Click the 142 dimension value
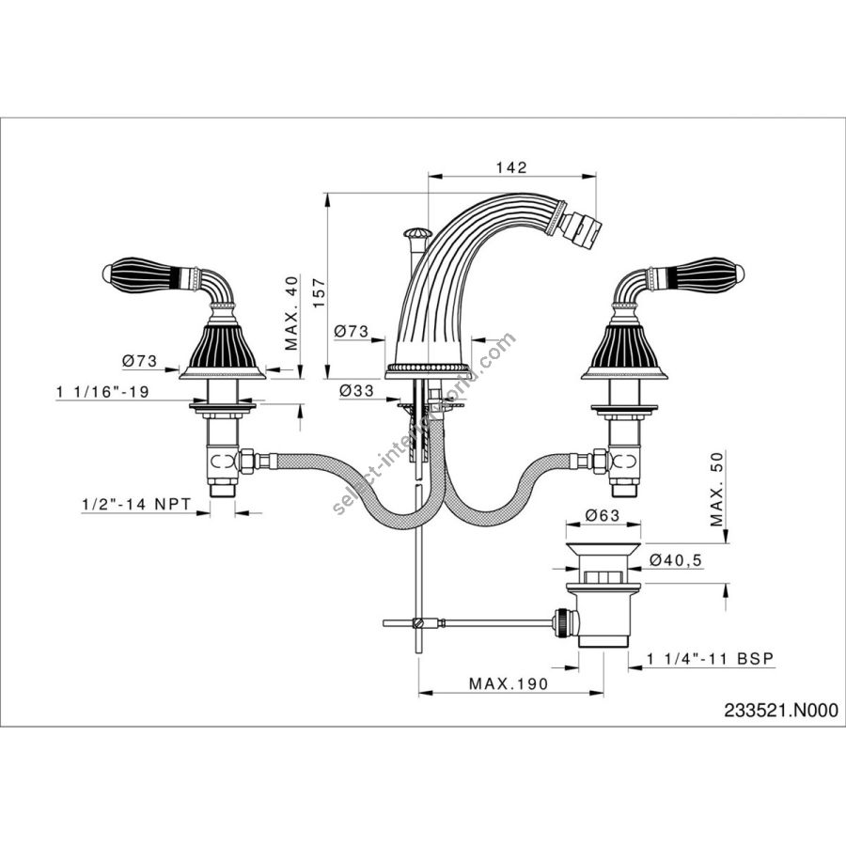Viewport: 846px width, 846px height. [x=511, y=167]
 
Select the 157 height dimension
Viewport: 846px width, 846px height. [x=320, y=293]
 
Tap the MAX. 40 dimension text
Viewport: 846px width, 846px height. [x=291, y=313]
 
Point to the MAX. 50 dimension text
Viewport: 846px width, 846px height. [x=716, y=489]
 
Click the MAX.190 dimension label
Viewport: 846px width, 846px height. [x=509, y=684]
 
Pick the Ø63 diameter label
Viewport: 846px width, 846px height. [x=603, y=515]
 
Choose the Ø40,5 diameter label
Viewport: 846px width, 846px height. [x=676, y=560]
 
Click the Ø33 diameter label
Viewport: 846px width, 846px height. [x=356, y=390]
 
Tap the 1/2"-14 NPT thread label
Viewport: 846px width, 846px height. [x=136, y=504]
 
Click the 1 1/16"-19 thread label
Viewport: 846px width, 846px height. [x=102, y=392]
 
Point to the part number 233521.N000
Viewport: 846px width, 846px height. [x=781, y=710]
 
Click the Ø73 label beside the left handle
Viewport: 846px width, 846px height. [x=139, y=360]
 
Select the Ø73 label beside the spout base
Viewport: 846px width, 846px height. [x=352, y=331]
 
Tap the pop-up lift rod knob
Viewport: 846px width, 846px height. [x=417, y=233]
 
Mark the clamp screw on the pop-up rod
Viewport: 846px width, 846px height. [x=416, y=622]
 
